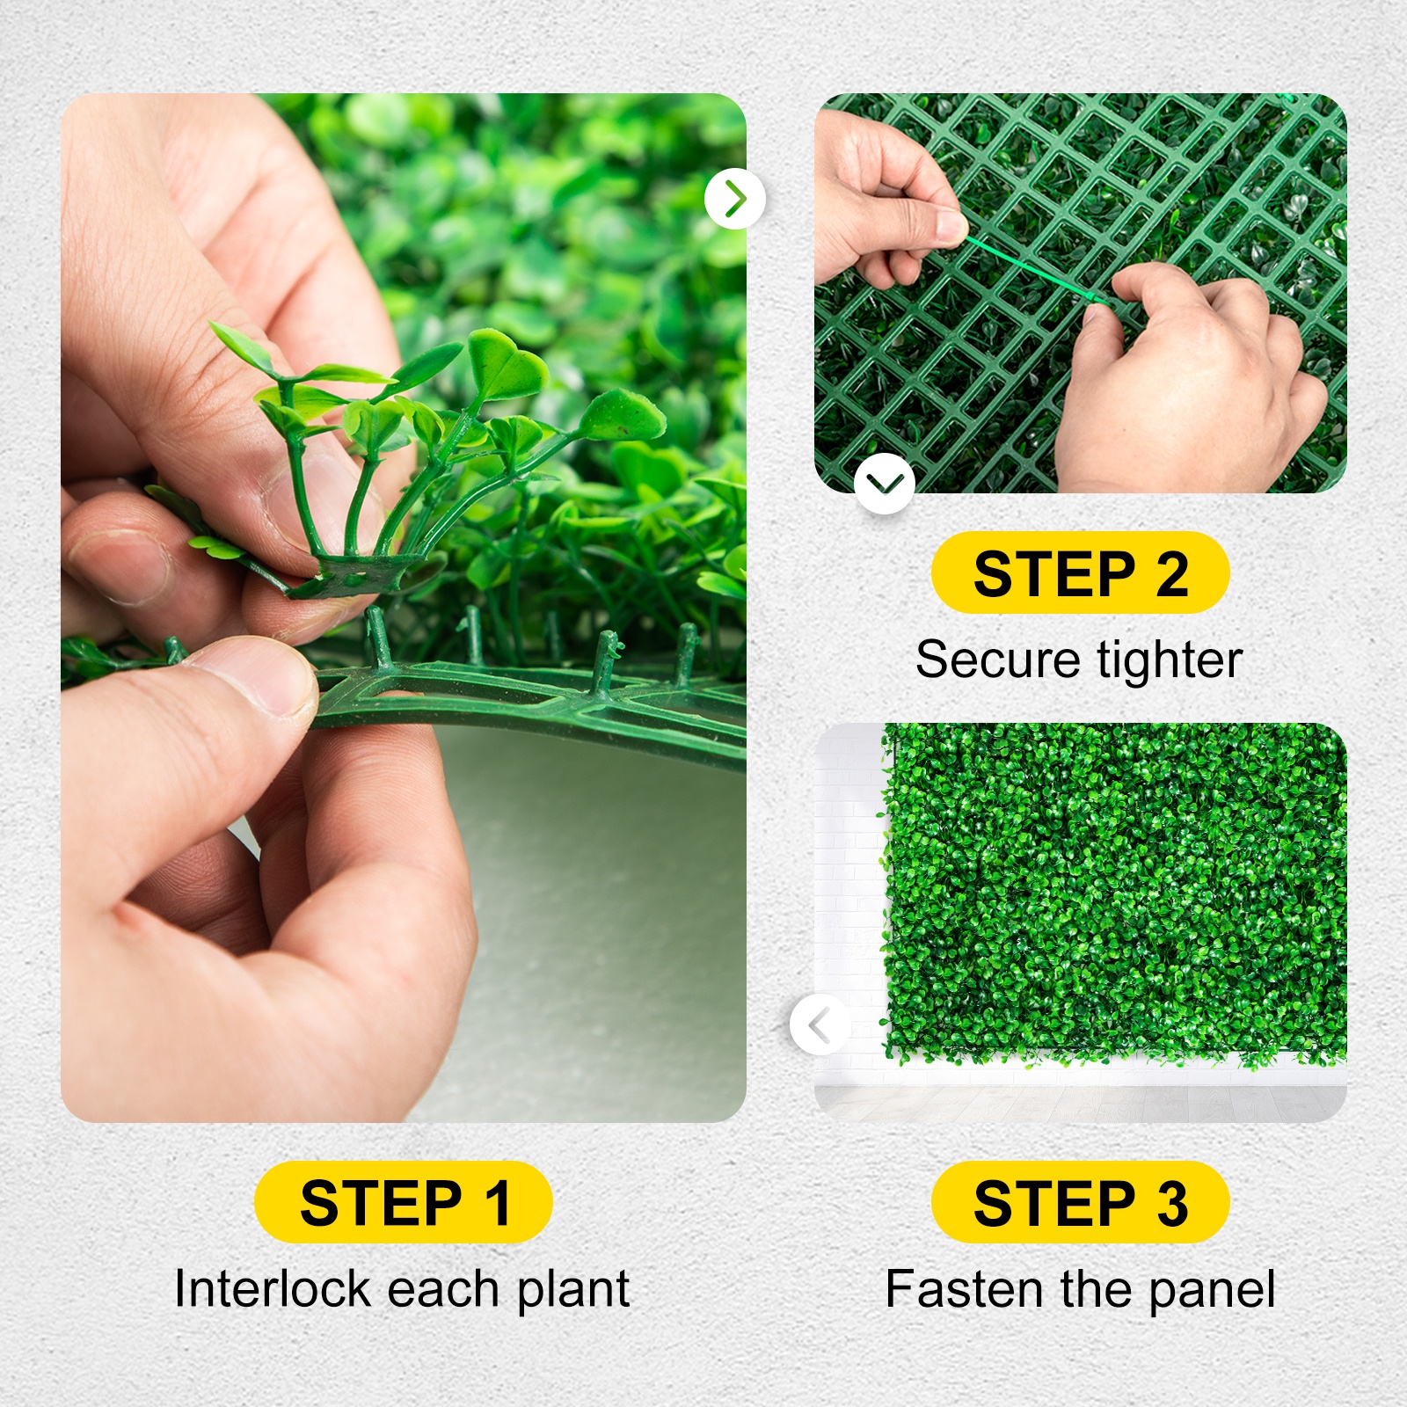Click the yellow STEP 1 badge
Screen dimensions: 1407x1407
(x=403, y=1202)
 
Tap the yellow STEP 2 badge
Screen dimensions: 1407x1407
(x=1080, y=573)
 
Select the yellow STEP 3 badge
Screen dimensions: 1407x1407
(x=1080, y=1202)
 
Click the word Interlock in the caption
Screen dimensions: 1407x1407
(x=273, y=1289)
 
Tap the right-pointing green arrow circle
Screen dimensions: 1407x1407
(x=735, y=200)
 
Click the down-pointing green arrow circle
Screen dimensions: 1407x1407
(x=884, y=483)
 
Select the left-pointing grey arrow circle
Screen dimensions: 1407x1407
(x=820, y=1024)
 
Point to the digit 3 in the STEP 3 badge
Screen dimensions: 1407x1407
(x=1172, y=1203)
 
